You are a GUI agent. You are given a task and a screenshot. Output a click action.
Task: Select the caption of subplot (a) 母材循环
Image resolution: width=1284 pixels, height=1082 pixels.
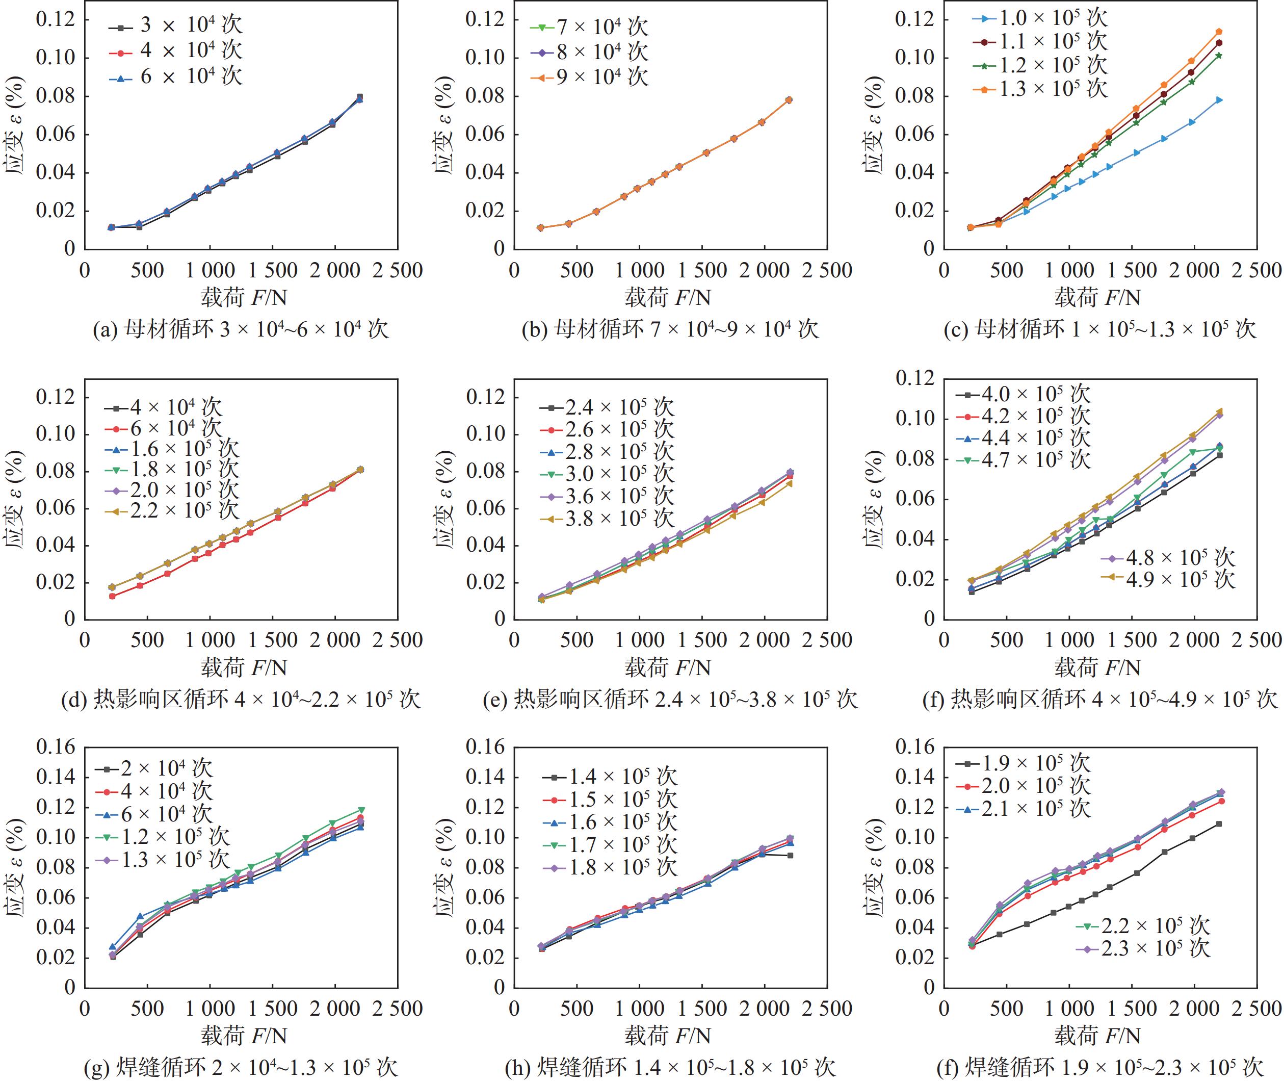tap(241, 329)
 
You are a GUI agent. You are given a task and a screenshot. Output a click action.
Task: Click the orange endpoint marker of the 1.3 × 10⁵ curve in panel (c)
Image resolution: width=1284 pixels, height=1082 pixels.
tap(1218, 31)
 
